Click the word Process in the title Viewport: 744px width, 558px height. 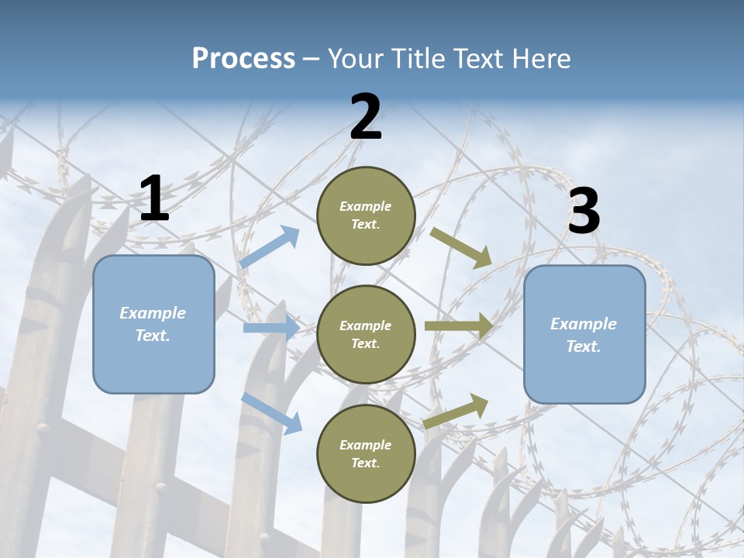pyautogui.click(x=243, y=58)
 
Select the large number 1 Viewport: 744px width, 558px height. pyautogui.click(x=153, y=199)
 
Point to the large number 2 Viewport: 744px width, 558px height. pyautogui.click(x=366, y=117)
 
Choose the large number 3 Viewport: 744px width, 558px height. pyautogui.click(x=584, y=211)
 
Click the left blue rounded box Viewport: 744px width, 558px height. pyautogui.click(x=153, y=324)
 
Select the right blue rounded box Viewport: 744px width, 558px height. pyautogui.click(x=584, y=335)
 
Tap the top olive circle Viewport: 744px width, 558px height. pyautogui.click(x=366, y=215)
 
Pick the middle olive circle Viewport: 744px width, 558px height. pyautogui.click(x=366, y=334)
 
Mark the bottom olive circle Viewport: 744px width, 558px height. pyautogui.click(x=366, y=453)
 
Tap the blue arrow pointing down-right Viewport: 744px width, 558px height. pyautogui.click(x=271, y=413)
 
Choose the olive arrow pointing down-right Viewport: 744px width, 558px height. pyautogui.click(x=460, y=247)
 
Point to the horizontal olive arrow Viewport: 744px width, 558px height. pyautogui.click(x=458, y=326)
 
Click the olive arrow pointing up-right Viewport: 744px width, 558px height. pyautogui.click(x=456, y=411)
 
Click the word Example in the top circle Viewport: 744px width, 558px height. pyautogui.click(x=366, y=206)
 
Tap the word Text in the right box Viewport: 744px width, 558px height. pyautogui.click(x=584, y=346)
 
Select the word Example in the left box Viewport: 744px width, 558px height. pyautogui.click(x=153, y=313)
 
